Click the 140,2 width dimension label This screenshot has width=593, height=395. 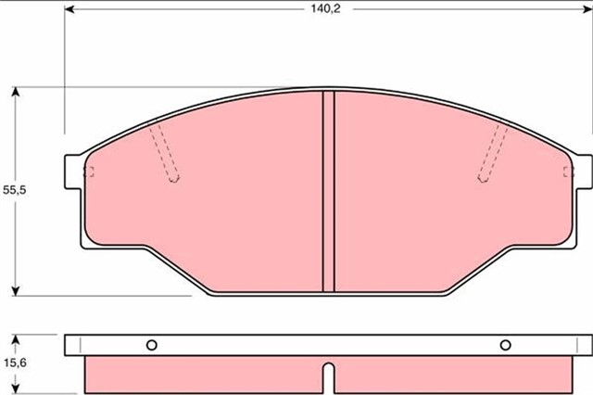coord(325,8)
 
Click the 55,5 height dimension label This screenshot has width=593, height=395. coord(15,190)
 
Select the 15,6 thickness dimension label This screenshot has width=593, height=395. coord(15,363)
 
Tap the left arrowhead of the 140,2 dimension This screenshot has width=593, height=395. coord(69,9)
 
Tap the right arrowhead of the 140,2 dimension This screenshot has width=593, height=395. coord(588,9)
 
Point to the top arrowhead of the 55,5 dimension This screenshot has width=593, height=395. coord(15,92)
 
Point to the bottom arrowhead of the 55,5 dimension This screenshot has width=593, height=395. coord(15,290)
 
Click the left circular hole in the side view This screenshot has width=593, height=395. coord(152,345)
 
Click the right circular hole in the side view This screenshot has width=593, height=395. coord(505,345)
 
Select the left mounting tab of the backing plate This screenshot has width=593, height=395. coord(72,172)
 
